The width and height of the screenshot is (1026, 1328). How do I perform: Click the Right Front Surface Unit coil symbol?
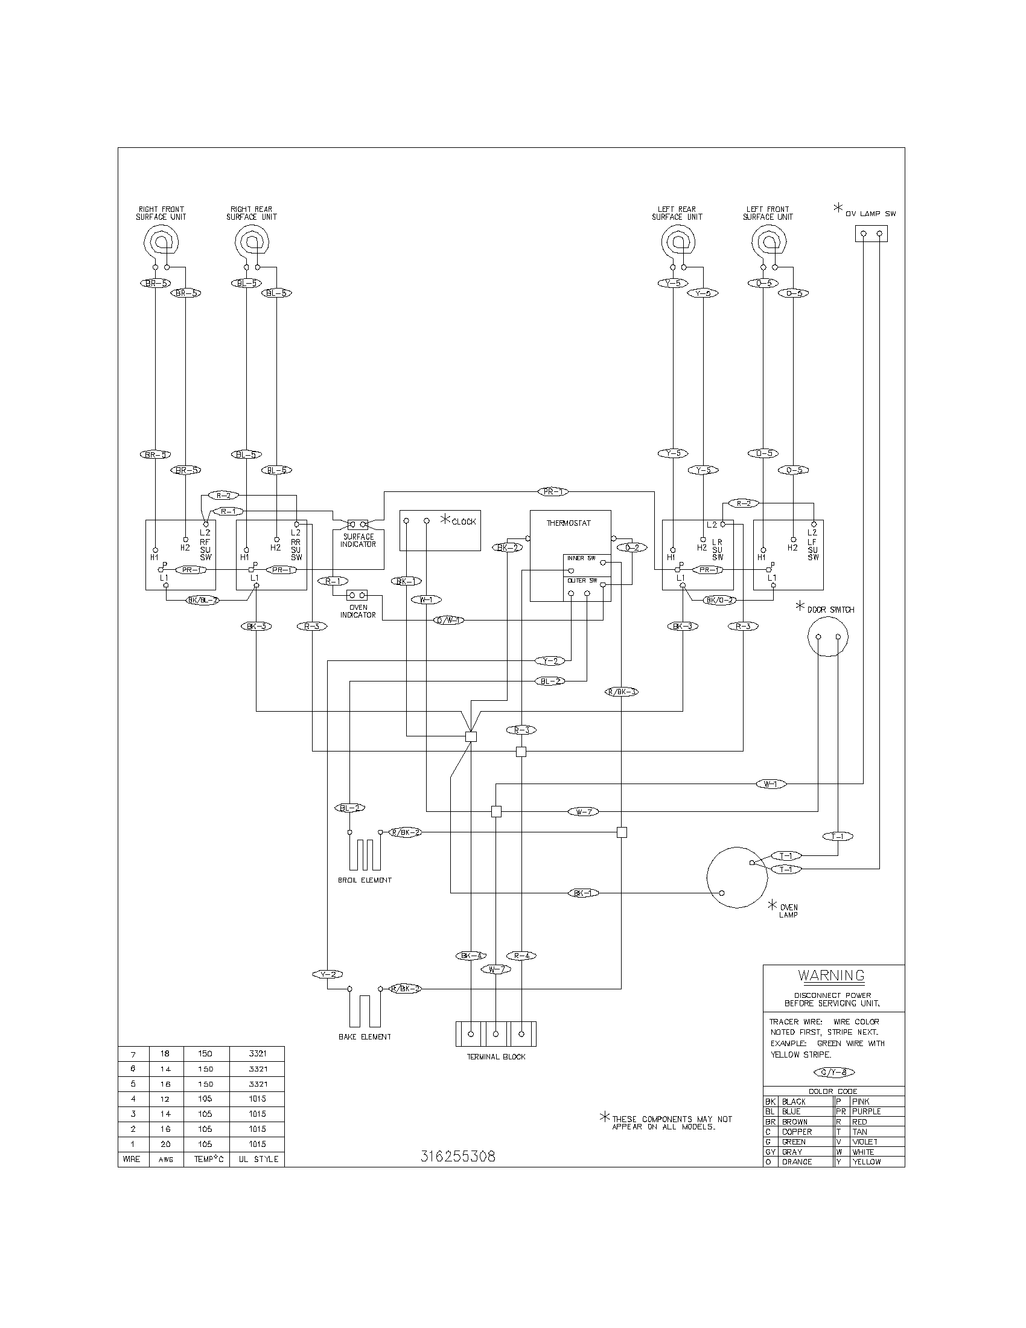pos(161,242)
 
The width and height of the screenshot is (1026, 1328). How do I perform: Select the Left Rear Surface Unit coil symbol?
pos(677,242)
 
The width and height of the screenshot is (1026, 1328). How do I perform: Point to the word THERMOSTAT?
pos(569,523)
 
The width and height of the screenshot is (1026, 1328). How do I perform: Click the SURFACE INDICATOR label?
pos(358,541)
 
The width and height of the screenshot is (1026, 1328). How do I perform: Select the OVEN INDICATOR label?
pos(357,611)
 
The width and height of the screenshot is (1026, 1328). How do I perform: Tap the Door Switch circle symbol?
pos(827,637)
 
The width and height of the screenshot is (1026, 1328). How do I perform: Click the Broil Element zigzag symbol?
pos(364,854)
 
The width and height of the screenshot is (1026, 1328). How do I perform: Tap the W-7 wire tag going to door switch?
pos(584,811)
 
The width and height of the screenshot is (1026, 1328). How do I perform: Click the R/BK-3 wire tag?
pos(622,691)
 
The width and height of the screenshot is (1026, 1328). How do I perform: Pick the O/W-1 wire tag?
pos(448,621)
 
